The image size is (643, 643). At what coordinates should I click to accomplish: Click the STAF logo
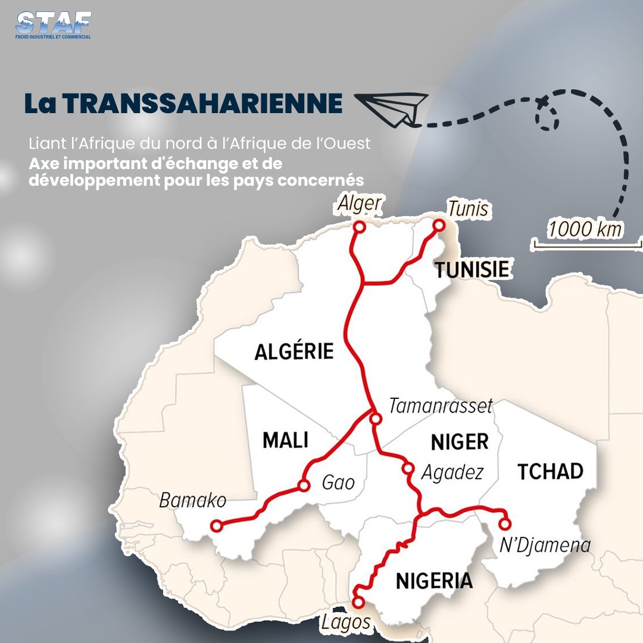54,26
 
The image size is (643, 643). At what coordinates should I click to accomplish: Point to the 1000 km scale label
585,229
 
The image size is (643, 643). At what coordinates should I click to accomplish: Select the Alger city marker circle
359,227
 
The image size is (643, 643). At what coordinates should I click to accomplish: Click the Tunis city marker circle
439,225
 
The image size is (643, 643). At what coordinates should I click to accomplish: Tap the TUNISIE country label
472,269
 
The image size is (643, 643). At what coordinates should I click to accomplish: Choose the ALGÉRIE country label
294,351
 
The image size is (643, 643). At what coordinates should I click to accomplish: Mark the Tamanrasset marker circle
376,419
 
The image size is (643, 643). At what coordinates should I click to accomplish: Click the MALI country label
286,441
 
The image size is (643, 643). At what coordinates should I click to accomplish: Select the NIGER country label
459,442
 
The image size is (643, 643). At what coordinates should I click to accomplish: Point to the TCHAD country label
550,472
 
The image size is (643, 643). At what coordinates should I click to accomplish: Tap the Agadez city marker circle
408,468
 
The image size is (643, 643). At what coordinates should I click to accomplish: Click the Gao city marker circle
304,486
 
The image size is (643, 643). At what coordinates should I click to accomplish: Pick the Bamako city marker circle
217,526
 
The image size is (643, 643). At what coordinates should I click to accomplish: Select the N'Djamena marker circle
505,525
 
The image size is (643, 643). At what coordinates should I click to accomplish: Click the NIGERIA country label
434,580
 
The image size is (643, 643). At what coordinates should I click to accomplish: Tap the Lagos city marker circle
358,602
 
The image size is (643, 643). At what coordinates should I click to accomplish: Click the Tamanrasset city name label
441,406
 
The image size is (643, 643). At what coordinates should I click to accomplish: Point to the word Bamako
193,500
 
